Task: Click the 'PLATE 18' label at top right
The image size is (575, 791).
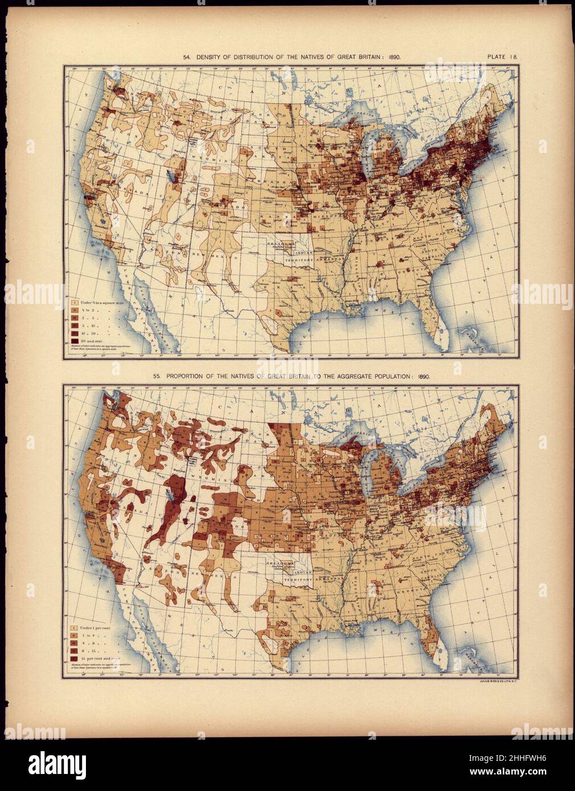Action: [501, 57]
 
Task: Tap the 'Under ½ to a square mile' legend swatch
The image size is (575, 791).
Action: [75, 297]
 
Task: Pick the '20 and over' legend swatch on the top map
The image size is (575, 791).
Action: [75, 340]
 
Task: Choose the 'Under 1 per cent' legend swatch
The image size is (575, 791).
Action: [75, 629]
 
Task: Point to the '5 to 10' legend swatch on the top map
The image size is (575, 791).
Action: [75, 323]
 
